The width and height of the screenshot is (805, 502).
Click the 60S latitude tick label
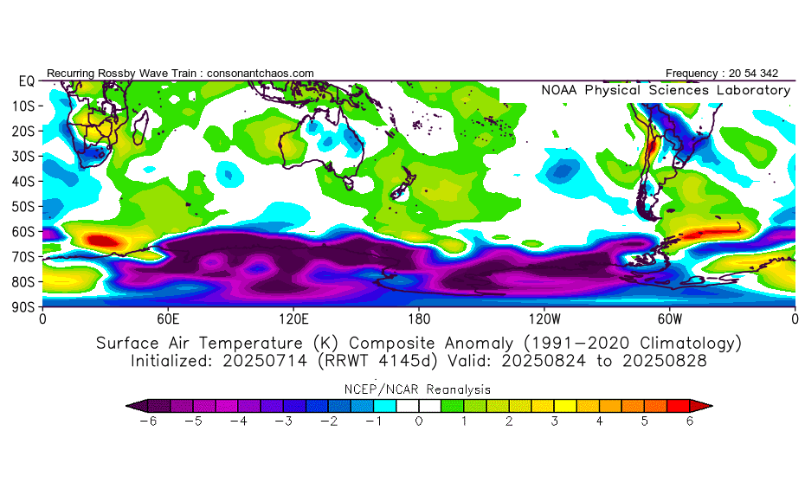click(25, 232)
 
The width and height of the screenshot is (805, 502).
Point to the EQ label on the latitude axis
click(26, 81)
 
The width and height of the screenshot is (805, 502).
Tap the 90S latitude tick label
click(25, 307)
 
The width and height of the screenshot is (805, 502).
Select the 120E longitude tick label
click(293, 319)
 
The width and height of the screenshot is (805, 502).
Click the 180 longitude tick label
click(419, 319)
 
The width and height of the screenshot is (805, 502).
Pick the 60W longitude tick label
click(670, 319)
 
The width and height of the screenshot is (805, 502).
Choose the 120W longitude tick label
click(544, 319)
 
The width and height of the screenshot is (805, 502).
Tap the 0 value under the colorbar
click(418, 422)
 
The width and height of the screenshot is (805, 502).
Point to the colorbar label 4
click(600, 422)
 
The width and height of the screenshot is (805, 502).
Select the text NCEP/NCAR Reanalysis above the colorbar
click(418, 389)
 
